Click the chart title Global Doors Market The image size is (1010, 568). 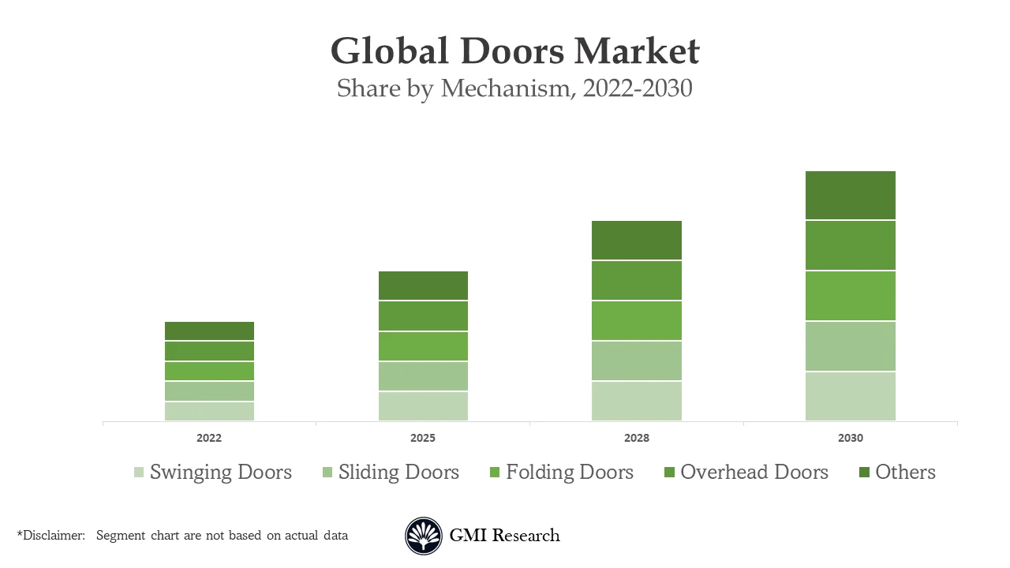point(514,51)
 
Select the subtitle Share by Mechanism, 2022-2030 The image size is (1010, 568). point(514,88)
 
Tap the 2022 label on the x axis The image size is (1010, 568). point(209,438)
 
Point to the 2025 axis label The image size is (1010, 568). point(423,438)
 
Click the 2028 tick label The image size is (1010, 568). point(636,438)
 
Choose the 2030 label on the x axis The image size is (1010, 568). point(850,438)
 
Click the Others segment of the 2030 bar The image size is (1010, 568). point(850,195)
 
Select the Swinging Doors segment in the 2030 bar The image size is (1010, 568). point(850,396)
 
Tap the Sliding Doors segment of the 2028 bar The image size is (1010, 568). point(636,361)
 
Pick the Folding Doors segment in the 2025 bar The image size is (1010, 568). point(423,346)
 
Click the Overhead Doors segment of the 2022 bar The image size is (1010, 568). point(209,351)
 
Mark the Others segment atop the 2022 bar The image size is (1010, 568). point(209,331)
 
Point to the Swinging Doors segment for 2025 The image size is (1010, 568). point(423,406)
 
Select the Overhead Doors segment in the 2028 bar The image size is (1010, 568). point(636,280)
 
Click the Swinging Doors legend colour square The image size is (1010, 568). point(139,473)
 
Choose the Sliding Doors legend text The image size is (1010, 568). point(398,472)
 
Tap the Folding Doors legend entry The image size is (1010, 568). point(561,472)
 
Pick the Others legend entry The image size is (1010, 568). point(896,472)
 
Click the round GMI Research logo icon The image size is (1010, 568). point(424,536)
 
